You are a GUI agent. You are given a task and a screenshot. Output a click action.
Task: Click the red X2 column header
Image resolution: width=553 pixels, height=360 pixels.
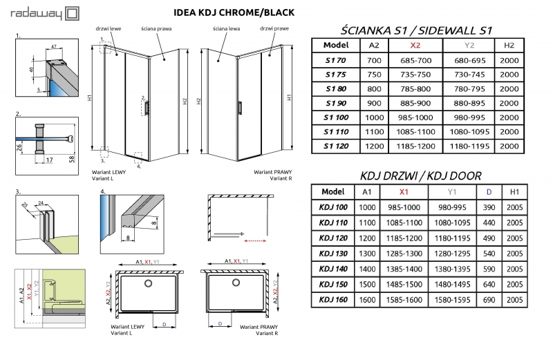[x=415, y=45]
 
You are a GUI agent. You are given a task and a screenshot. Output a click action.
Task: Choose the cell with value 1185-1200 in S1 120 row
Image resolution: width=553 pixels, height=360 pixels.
[x=415, y=146]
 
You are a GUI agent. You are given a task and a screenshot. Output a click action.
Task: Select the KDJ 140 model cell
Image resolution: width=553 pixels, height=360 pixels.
[x=333, y=269]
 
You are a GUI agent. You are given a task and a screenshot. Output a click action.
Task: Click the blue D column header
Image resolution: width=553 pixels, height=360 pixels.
[x=489, y=192]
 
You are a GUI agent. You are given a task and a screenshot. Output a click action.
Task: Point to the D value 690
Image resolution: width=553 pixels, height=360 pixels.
[x=489, y=299]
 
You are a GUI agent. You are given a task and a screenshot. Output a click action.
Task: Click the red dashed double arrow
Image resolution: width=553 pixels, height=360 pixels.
[x=256, y=242]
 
